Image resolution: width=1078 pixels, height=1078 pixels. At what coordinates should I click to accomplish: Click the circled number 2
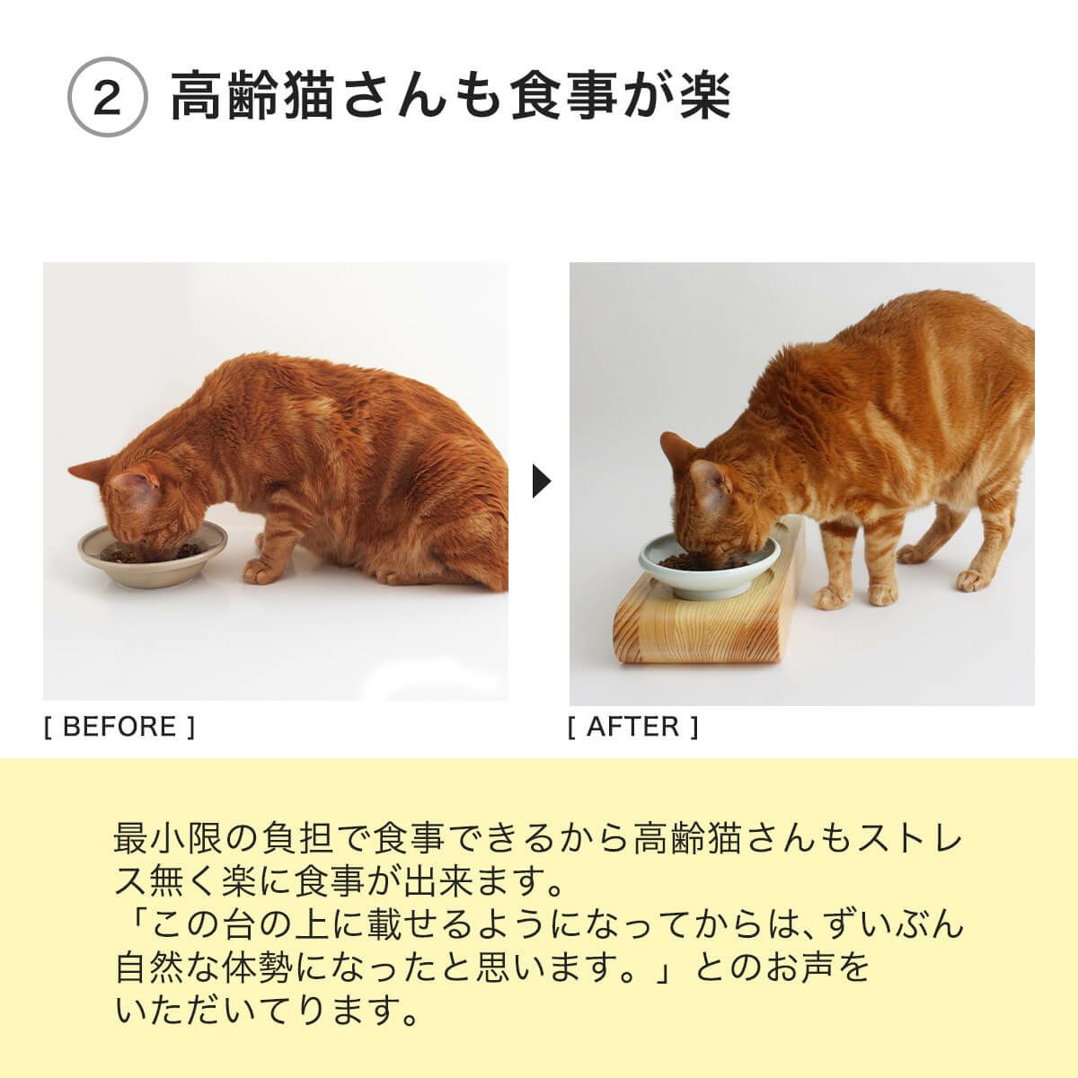[x=107, y=98]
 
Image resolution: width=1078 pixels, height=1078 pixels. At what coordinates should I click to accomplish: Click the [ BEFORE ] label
[x=119, y=727]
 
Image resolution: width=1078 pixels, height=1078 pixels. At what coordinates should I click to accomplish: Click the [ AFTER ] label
[x=633, y=727]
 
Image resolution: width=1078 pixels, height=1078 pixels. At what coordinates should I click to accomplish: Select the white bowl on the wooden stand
[x=708, y=567]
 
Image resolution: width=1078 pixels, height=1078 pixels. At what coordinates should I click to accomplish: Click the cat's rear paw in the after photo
[x=972, y=579]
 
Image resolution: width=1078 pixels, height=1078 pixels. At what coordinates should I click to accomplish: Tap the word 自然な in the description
[x=163, y=968]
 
